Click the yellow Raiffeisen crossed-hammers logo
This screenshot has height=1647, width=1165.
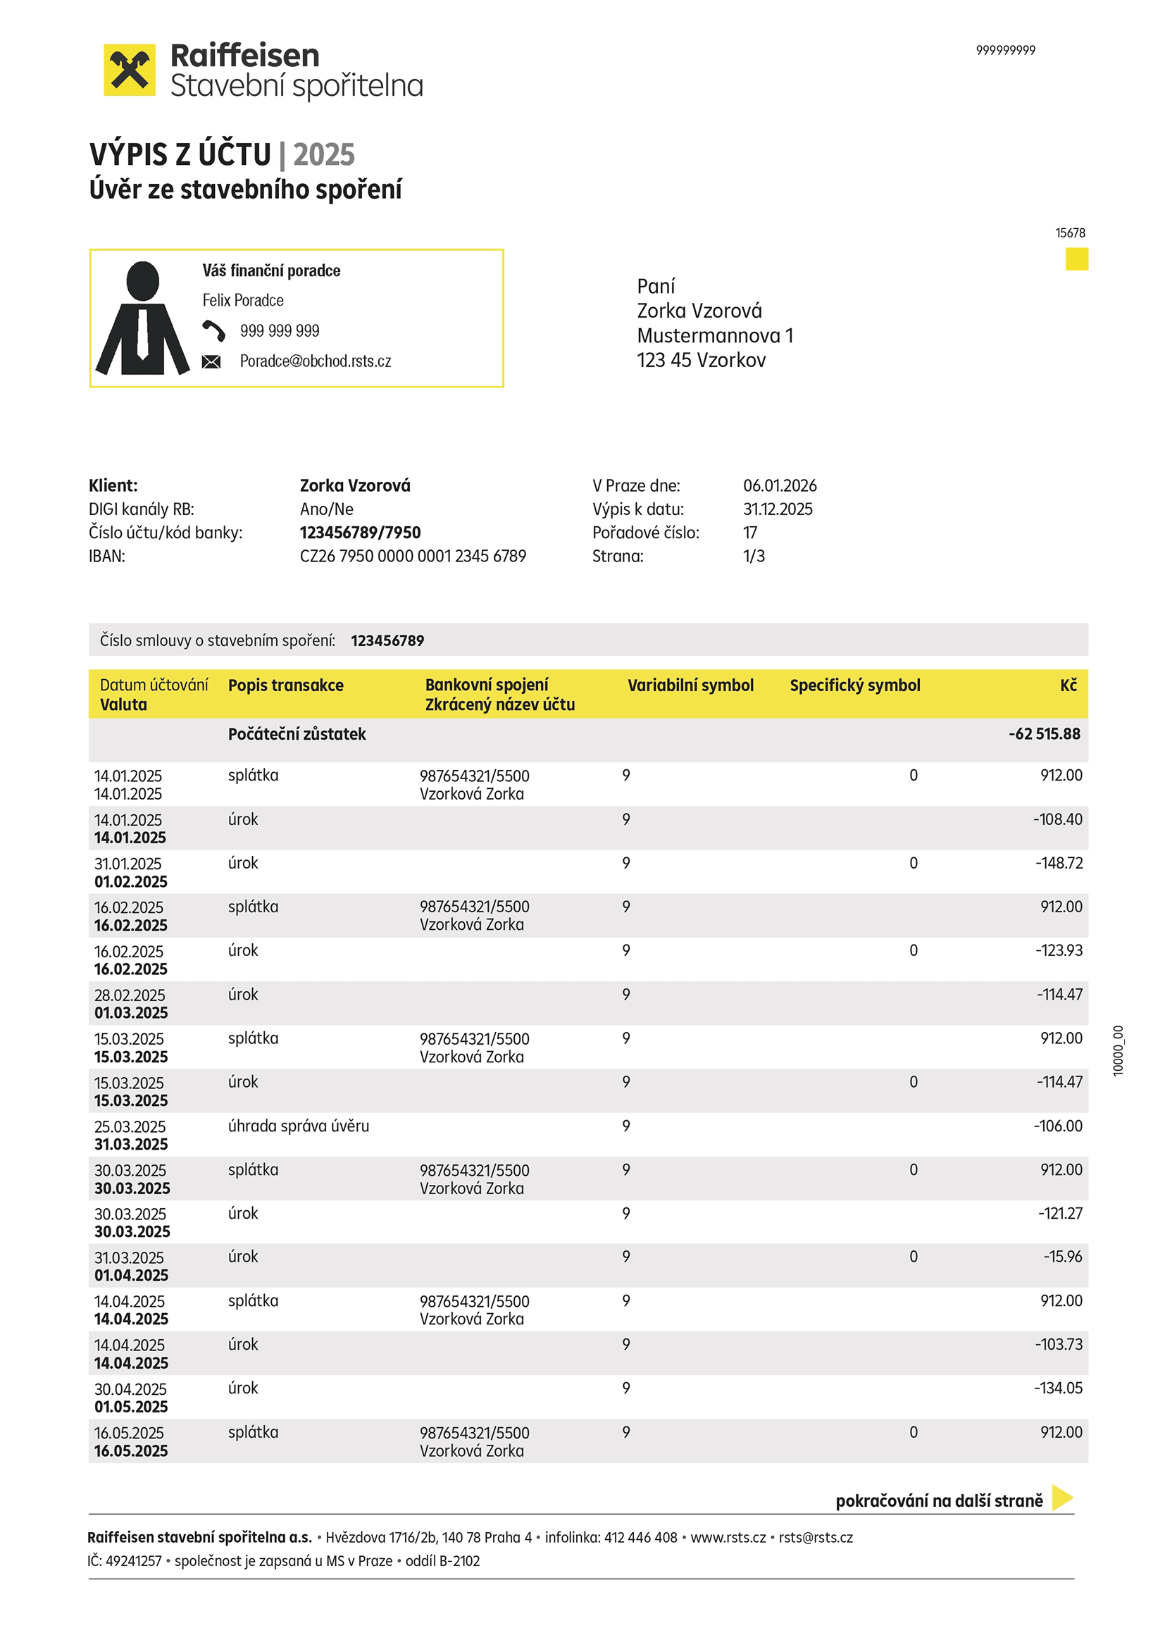(129, 70)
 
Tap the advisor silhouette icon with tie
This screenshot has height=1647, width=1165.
(143, 318)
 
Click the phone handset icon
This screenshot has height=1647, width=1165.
(213, 330)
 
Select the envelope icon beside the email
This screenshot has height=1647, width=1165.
(211, 361)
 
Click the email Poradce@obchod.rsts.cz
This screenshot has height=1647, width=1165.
(315, 361)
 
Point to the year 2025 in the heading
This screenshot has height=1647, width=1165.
(323, 154)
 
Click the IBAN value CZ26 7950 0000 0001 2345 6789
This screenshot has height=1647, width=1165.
(413, 556)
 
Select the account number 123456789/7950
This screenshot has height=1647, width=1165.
(360, 533)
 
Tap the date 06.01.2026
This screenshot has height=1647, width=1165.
(779, 485)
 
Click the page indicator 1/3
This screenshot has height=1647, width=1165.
(753, 556)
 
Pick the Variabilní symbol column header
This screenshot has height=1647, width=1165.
(690, 685)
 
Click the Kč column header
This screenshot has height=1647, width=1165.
(1069, 685)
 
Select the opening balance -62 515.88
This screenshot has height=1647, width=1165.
(1044, 734)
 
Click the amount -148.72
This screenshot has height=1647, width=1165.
(1058, 863)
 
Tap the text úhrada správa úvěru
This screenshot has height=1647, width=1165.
(299, 1126)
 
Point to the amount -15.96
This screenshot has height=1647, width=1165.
(1062, 1256)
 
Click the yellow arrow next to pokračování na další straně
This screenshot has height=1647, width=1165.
(1061, 1498)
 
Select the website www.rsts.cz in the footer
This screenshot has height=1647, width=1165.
(728, 1537)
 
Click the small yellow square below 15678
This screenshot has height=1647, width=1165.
(1076, 259)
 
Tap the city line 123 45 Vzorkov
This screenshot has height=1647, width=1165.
(701, 360)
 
